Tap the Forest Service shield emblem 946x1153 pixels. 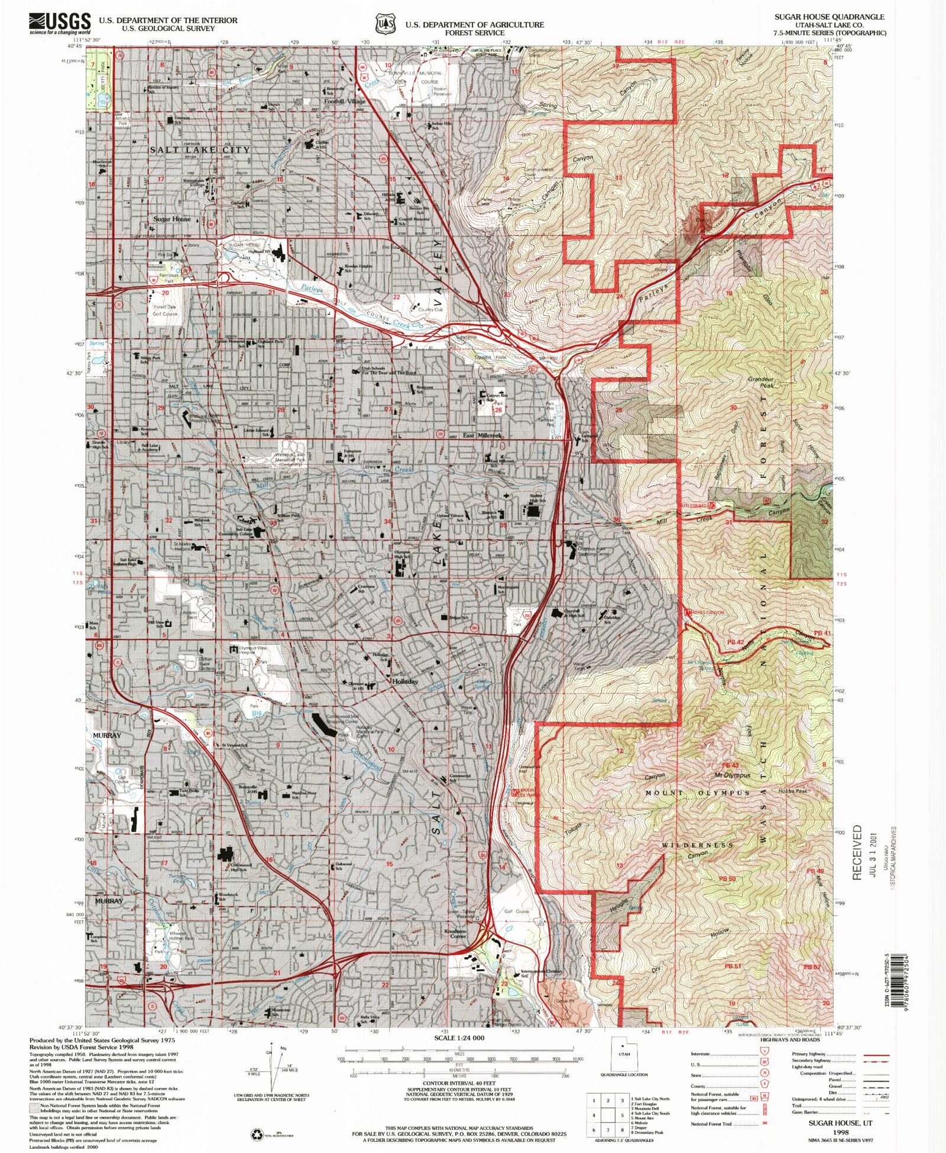tap(385, 24)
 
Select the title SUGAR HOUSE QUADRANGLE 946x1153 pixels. tap(830, 17)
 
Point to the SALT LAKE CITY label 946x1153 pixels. tap(200, 150)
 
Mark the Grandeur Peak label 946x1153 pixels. tap(760, 382)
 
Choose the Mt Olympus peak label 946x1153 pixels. tap(732, 775)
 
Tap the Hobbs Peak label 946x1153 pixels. tap(793, 791)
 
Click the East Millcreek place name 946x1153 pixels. tap(482, 436)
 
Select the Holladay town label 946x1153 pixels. tap(406, 681)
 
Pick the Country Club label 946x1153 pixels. tap(430, 309)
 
